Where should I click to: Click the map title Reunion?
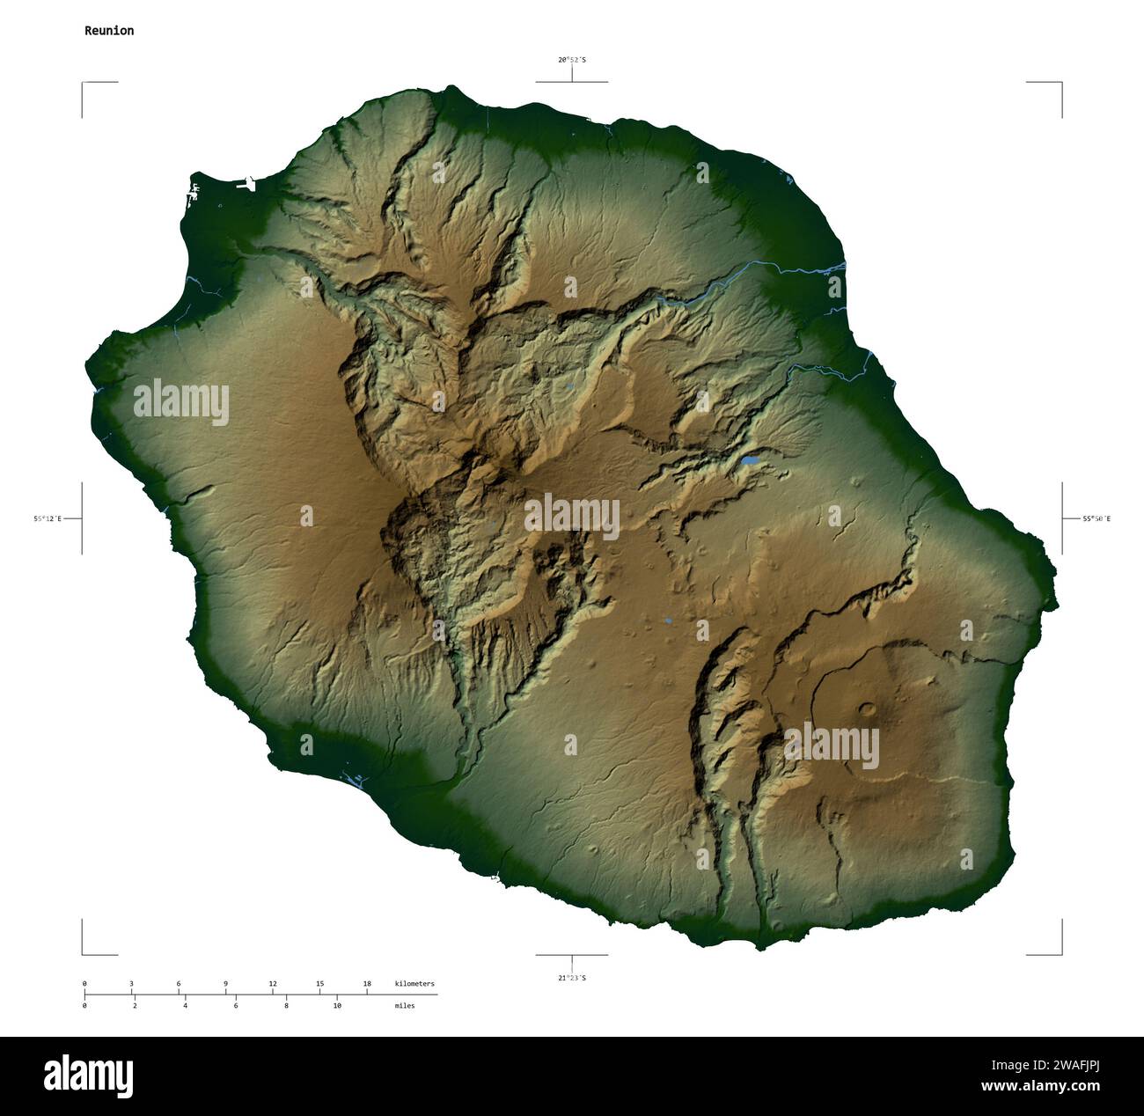(109, 31)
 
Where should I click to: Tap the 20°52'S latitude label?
(571, 60)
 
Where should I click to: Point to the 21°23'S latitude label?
(571, 978)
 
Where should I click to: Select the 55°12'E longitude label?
(48, 519)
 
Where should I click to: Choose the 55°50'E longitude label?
(1096, 519)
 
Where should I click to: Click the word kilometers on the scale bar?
(414, 983)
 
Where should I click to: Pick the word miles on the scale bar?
(405, 1005)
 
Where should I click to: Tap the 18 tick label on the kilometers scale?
(367, 983)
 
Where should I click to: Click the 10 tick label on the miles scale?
(336, 1005)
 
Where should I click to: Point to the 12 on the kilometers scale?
(273, 983)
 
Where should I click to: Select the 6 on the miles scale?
(235, 1005)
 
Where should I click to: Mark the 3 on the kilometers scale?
(131, 983)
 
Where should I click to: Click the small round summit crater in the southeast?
(868, 708)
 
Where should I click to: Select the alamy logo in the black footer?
(89, 1076)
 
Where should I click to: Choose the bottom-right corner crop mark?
(1060, 953)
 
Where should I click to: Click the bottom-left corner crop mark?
(84, 953)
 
